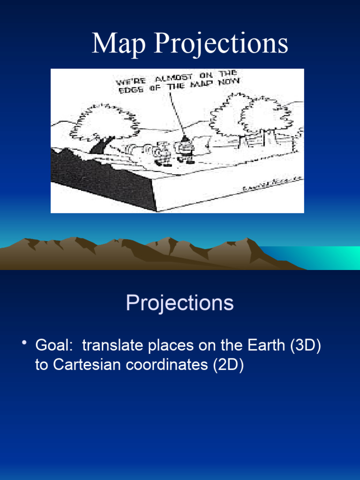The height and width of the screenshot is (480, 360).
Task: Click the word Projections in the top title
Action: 221,45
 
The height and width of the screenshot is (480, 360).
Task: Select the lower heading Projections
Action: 180,303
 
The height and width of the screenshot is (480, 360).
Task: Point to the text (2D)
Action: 228,365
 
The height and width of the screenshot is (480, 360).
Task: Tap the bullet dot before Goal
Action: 24,345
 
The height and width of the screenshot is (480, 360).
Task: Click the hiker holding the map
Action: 186,149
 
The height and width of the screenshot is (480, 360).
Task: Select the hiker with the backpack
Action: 163,153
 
